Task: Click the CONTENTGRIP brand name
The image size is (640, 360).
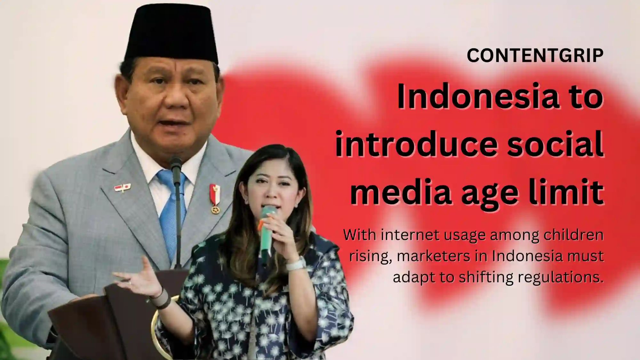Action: pyautogui.click(x=535, y=56)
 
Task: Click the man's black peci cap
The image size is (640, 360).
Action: pyautogui.click(x=172, y=35)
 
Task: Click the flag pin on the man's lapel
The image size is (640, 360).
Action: pyautogui.click(x=123, y=188)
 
